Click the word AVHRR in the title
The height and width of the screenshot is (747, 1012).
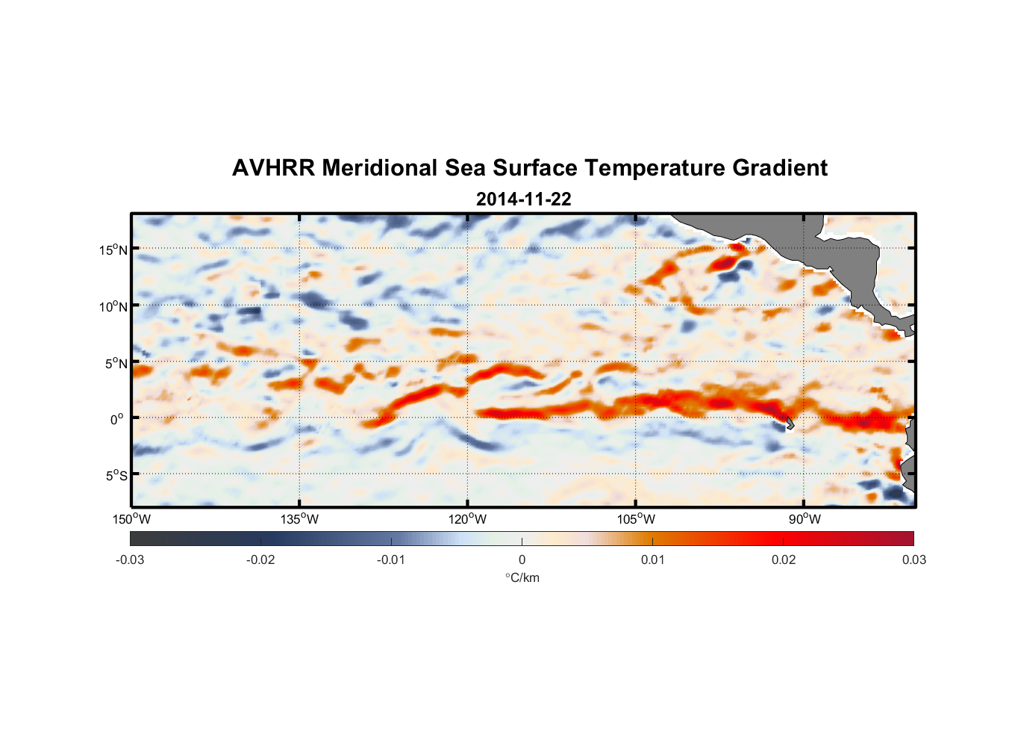[272, 168]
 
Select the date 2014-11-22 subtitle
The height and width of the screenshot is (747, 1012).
[523, 199]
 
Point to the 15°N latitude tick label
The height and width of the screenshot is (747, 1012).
[113, 249]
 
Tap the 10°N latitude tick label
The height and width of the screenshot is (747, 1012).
[113, 306]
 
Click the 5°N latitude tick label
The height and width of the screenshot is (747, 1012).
[116, 363]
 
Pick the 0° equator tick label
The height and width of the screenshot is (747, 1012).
[117, 419]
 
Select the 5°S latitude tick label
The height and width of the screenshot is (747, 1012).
[116, 475]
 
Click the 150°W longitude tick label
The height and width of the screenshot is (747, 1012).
[131, 519]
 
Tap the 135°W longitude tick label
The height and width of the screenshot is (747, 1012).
[299, 519]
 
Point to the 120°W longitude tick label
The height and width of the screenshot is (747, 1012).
[467, 519]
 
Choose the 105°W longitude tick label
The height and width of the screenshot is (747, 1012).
[636, 519]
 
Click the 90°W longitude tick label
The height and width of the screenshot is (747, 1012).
[805, 519]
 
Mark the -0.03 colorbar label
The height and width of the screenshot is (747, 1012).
[130, 560]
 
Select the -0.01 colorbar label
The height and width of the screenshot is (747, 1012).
[391, 560]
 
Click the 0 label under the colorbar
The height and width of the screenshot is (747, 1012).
[522, 560]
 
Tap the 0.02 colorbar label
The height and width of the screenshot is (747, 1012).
[784, 560]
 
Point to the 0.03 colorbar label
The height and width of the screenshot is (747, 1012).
[913, 560]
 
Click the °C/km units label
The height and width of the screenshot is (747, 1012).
[522, 577]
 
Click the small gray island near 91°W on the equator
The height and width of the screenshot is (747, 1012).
[790, 424]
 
